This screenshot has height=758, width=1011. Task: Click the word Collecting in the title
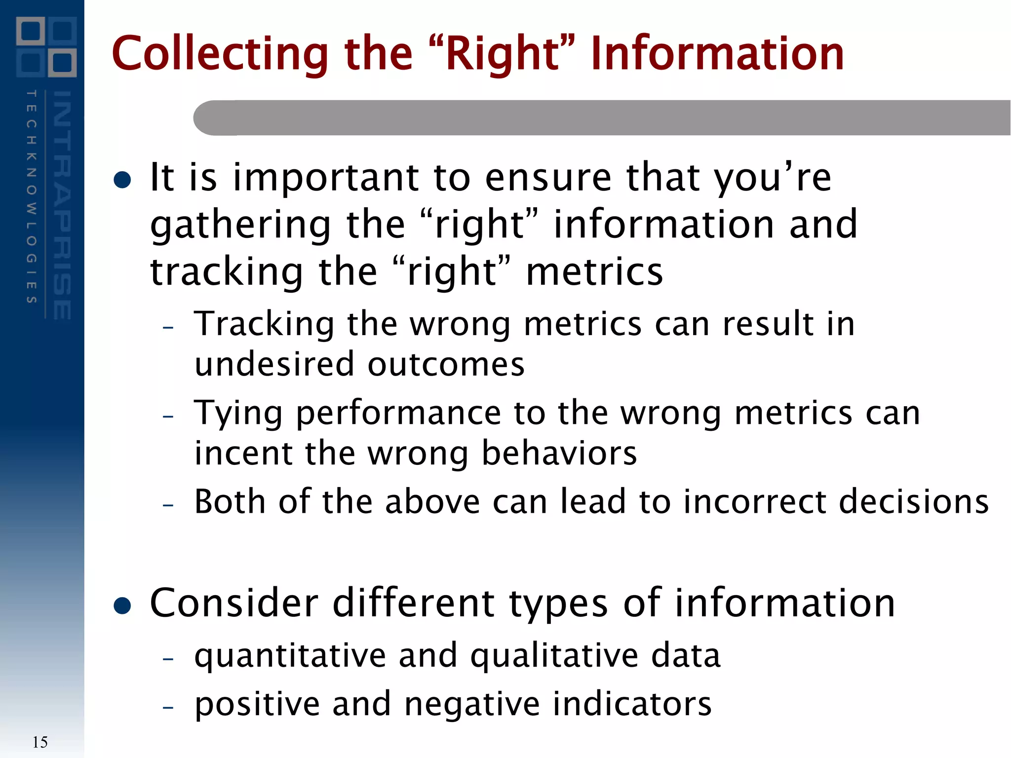point(220,54)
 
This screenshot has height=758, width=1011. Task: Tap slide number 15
point(40,742)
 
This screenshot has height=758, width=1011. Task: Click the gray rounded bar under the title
point(592,117)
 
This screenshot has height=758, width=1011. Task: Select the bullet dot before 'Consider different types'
point(122,606)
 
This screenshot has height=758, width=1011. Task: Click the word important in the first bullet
point(326,179)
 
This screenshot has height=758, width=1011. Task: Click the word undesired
point(274,364)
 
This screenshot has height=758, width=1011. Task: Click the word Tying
point(238,414)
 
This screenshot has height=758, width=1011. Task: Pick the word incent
point(242,453)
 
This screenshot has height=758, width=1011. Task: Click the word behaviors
point(559,453)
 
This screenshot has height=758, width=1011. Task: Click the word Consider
point(234,603)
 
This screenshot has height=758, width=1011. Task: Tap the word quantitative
point(290,657)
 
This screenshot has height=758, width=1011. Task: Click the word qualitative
point(553,657)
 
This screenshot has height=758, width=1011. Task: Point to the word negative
point(471,704)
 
